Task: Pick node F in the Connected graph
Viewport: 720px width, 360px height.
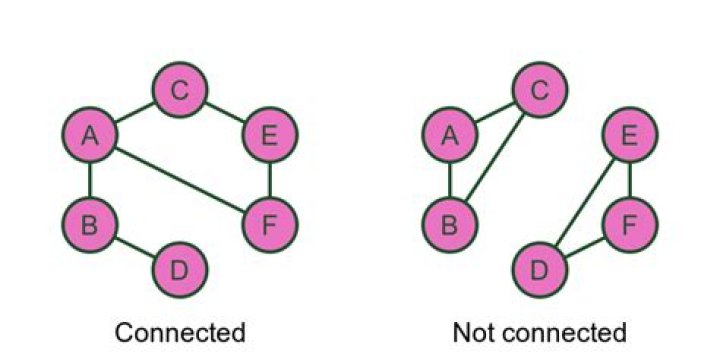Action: tap(269, 224)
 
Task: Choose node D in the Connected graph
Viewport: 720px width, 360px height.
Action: tap(179, 269)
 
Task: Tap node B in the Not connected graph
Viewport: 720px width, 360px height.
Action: tap(449, 224)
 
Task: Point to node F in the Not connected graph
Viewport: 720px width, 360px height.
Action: tap(629, 224)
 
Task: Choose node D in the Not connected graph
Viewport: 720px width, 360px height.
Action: tap(539, 269)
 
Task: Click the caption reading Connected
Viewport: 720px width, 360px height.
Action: tap(179, 332)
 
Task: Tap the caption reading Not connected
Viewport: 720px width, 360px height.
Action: tap(539, 332)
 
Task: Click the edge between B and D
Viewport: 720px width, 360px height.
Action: tap(134, 246)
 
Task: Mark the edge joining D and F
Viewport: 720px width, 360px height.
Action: tap(584, 247)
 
